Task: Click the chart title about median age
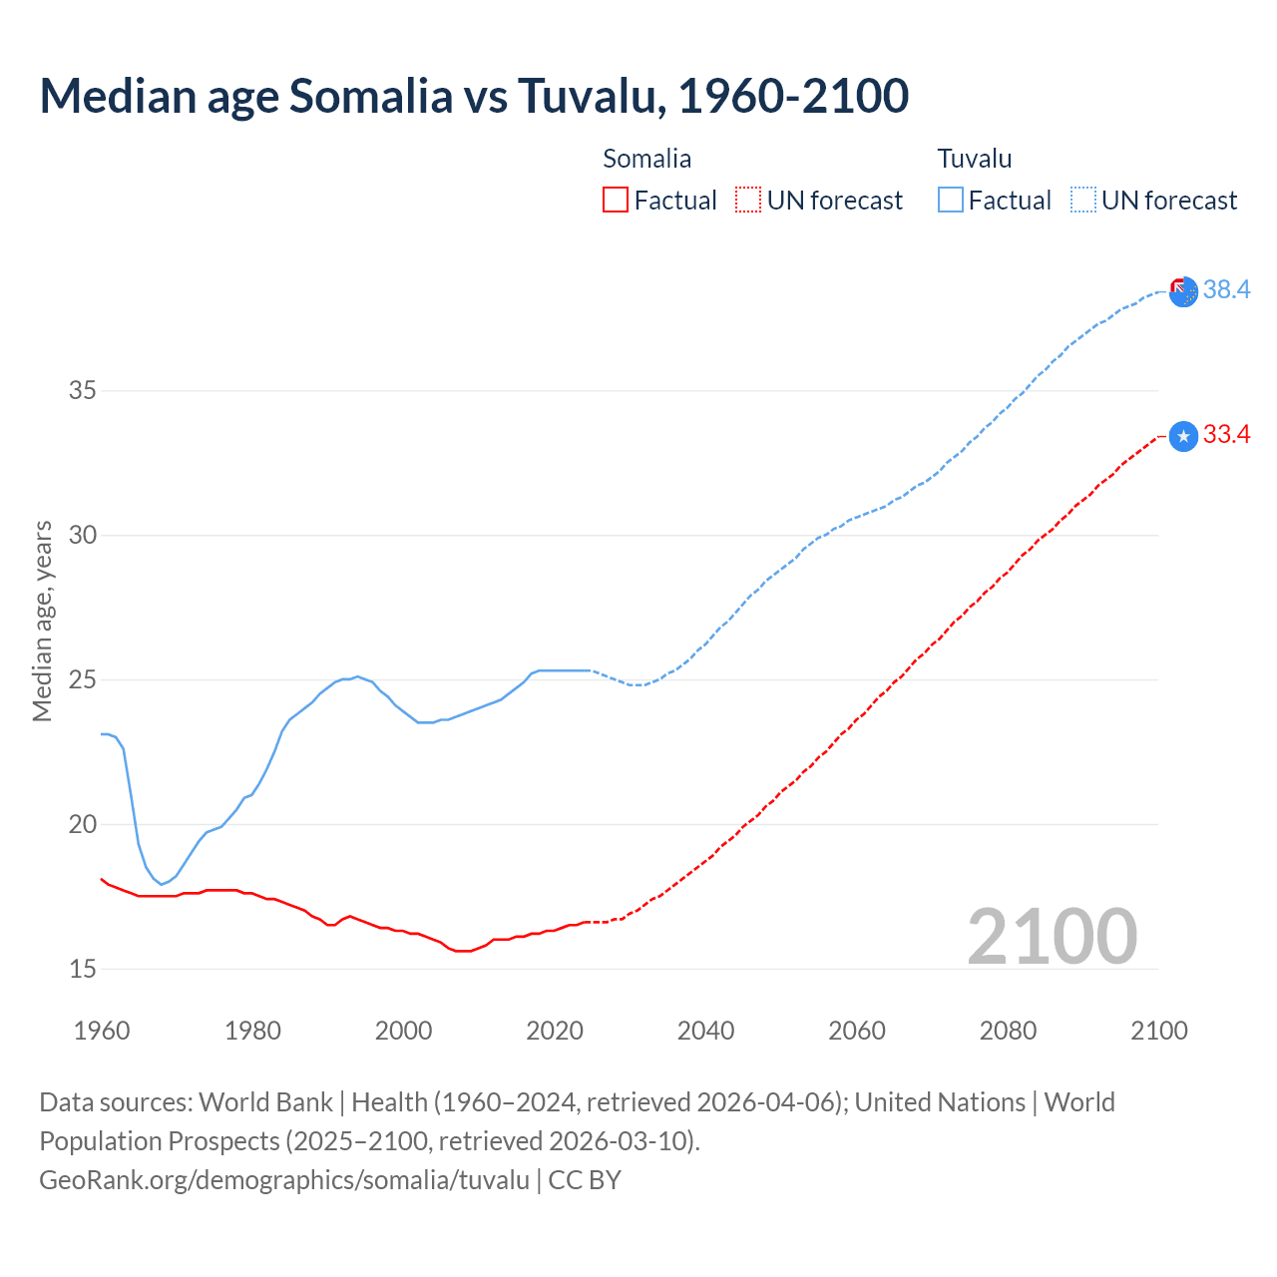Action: (x=474, y=97)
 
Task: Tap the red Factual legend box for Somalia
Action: (x=616, y=201)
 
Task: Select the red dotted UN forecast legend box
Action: (x=748, y=201)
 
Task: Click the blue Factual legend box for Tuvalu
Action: (x=951, y=201)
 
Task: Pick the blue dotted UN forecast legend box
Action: (x=1082, y=201)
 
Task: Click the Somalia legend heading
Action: (x=646, y=159)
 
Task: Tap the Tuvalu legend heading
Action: (x=975, y=159)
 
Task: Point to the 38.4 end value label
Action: (x=1226, y=289)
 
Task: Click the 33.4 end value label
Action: (x=1226, y=435)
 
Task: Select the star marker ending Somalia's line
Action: (x=1183, y=437)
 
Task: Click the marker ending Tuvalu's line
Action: (x=1183, y=291)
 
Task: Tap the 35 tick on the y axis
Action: (x=83, y=390)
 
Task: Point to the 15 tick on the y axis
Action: (x=83, y=969)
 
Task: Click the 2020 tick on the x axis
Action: (x=555, y=1031)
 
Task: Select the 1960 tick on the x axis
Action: (x=102, y=1031)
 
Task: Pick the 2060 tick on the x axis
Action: (x=857, y=1031)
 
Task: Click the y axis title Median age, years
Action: (x=42, y=621)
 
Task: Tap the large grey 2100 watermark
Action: (x=1053, y=937)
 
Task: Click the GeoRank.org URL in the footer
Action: (x=284, y=1180)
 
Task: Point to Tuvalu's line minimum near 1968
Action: (x=162, y=884)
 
